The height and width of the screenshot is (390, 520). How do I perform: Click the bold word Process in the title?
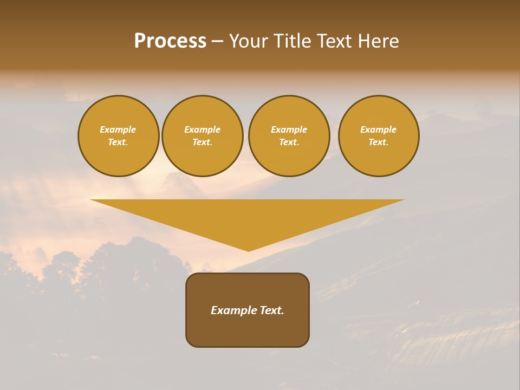(x=170, y=41)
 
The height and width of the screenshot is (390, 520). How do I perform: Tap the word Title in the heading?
(x=293, y=41)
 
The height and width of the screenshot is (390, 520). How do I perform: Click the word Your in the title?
(x=250, y=41)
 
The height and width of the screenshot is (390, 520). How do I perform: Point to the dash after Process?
(x=217, y=42)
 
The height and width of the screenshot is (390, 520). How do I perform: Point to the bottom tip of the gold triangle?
(x=248, y=250)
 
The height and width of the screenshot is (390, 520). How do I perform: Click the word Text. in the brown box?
(x=271, y=310)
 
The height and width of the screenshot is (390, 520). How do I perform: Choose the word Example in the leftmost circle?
(x=118, y=129)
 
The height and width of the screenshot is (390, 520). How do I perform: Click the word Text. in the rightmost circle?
(x=378, y=142)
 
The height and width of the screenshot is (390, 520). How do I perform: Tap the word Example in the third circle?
(x=289, y=129)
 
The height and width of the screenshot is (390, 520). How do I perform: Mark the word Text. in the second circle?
(x=202, y=142)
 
